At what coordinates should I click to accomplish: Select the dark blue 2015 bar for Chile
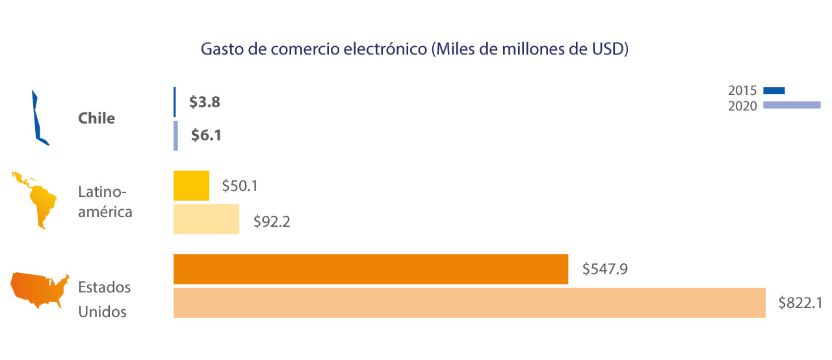pos(174,102)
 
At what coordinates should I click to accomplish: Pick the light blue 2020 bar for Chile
pos(175,135)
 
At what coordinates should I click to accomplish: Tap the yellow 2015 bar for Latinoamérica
pos(191,186)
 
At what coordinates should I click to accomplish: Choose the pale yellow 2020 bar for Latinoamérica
pos(206,219)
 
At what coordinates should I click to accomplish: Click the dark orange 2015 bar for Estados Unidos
pos(370,269)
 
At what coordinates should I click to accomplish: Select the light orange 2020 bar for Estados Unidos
pos(469,303)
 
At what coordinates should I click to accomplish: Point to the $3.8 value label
pos(204,102)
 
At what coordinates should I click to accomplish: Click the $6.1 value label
pos(206,135)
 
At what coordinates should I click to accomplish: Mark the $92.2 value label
pos(272,222)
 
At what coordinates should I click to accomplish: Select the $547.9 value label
pos(604,268)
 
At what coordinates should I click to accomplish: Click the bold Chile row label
pos(96,118)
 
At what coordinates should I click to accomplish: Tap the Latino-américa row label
pos(105,201)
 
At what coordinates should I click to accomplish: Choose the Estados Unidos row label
pos(104,299)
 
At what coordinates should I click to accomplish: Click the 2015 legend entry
pos(757,91)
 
